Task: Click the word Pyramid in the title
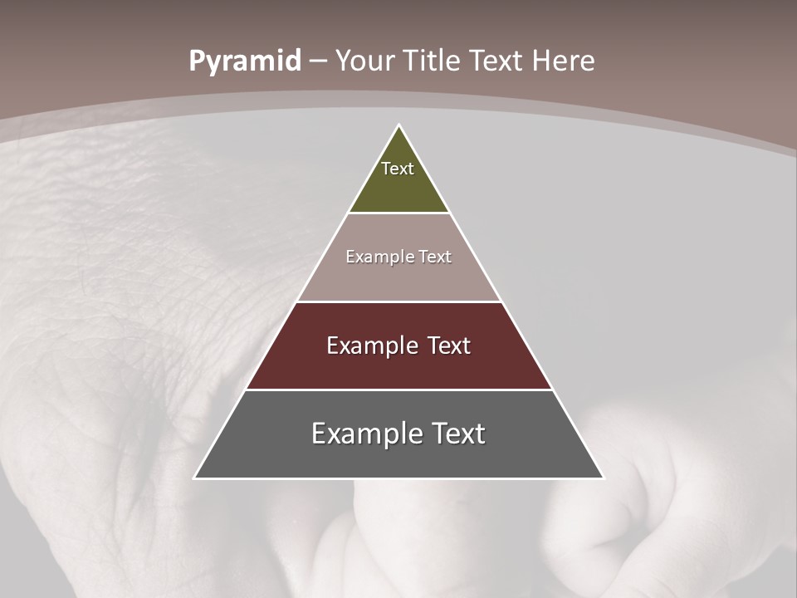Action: [x=244, y=61]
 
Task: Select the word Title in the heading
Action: [x=432, y=61]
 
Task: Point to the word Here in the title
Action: [x=564, y=61]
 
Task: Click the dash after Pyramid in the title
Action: [x=318, y=61]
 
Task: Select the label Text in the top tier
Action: [x=398, y=169]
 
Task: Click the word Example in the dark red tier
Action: [x=370, y=346]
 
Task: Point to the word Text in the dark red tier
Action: [x=447, y=346]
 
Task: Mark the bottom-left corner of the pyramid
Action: [x=195, y=478]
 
